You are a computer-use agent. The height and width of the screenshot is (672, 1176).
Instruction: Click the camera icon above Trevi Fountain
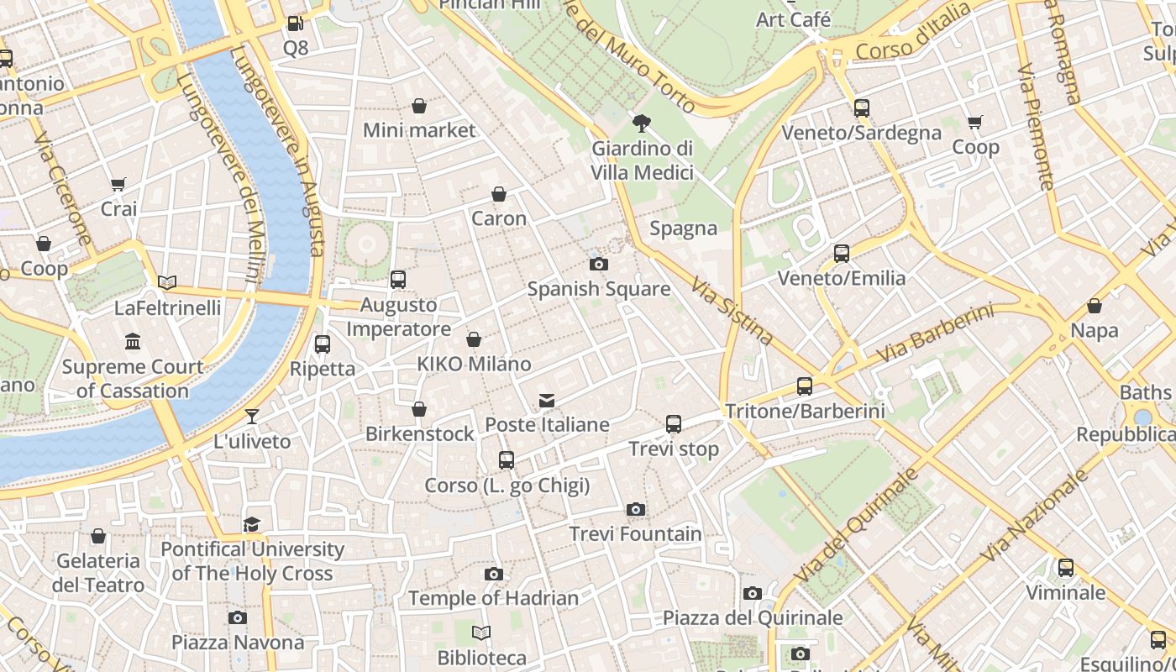click(x=636, y=509)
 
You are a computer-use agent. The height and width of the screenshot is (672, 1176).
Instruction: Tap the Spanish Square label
click(x=598, y=289)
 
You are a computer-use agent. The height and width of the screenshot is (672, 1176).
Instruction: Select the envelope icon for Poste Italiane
click(x=547, y=401)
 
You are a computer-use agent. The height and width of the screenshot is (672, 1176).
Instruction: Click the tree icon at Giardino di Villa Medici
click(x=642, y=124)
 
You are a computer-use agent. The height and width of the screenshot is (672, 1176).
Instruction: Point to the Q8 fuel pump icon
click(x=295, y=24)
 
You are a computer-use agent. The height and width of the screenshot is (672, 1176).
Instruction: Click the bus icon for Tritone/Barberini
click(x=804, y=386)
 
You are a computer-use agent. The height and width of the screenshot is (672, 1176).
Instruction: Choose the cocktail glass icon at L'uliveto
click(x=252, y=417)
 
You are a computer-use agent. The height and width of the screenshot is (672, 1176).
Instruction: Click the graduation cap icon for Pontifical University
click(x=252, y=525)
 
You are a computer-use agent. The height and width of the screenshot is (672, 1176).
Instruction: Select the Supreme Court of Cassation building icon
click(x=133, y=342)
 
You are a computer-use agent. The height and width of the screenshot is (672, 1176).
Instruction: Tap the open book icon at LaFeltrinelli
click(x=167, y=283)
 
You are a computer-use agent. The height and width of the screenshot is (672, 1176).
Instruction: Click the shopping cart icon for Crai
click(x=118, y=184)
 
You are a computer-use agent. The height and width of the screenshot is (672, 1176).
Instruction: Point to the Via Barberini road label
click(x=935, y=334)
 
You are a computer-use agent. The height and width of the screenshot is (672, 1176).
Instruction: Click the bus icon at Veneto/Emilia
click(x=841, y=254)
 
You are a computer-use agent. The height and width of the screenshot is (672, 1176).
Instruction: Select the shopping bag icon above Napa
click(x=1094, y=307)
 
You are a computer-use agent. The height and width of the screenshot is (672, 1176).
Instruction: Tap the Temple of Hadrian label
click(x=493, y=598)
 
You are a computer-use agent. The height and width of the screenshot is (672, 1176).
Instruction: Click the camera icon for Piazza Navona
click(x=238, y=618)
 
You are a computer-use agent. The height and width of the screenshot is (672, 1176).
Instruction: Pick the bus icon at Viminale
click(x=1065, y=568)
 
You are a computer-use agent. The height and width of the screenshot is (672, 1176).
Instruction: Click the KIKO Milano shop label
click(x=474, y=364)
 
